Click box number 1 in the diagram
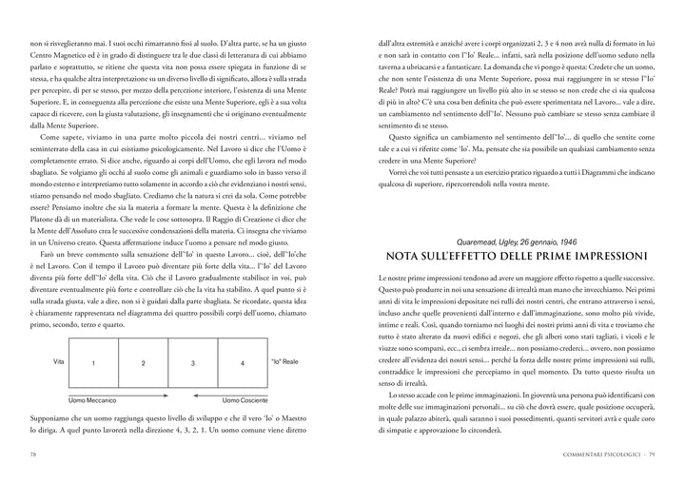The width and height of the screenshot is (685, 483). [92, 363]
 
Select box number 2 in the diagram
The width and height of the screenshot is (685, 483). [142, 363]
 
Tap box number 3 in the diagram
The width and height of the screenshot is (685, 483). [192, 363]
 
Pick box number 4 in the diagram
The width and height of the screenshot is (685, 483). [242, 363]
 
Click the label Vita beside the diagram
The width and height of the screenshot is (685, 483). [58, 362]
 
